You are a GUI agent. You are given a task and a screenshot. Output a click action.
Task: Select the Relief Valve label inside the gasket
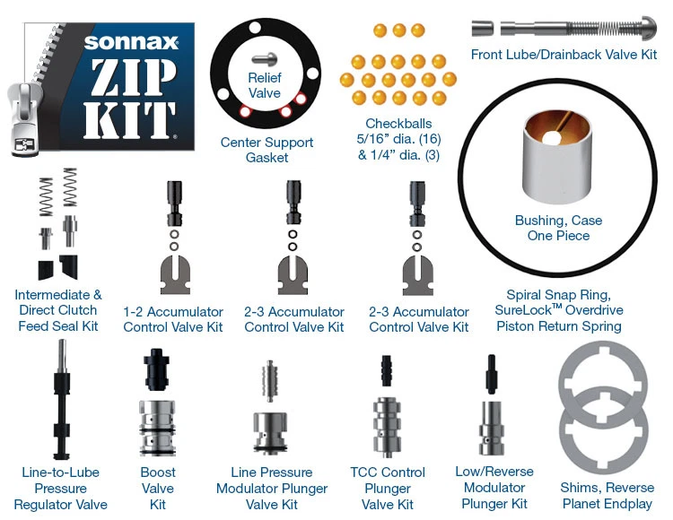coord(265,86)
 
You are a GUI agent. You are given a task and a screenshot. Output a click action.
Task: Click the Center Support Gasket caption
coord(267,150)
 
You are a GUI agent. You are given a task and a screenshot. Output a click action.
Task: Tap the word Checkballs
coord(398,123)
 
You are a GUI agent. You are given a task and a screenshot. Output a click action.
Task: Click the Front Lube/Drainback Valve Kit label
coord(564,55)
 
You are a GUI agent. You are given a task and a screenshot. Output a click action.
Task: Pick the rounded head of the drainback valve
coord(646,27)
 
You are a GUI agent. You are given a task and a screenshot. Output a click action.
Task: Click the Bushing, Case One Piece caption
coord(558,228)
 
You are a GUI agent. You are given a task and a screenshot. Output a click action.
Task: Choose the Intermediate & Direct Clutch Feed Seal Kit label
coord(58,310)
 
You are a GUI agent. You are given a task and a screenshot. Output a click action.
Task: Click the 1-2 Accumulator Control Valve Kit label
coord(173,319)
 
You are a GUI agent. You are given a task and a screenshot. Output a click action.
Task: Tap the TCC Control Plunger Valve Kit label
coord(390,488)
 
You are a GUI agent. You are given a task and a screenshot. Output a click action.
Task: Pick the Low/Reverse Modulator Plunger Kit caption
coord(494,488)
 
